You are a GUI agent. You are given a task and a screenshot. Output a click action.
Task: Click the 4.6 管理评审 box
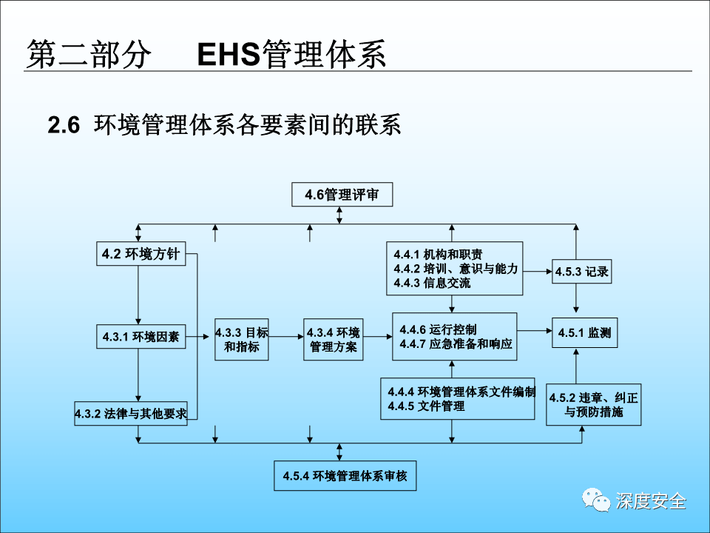341,195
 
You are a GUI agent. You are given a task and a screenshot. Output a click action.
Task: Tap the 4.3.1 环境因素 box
141,337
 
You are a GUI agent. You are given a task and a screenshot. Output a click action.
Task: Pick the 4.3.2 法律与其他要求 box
131,413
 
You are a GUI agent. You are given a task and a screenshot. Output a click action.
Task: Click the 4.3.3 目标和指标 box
242,339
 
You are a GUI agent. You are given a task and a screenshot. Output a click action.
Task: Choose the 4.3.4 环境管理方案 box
333,339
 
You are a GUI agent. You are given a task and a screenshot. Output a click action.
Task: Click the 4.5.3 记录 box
582,272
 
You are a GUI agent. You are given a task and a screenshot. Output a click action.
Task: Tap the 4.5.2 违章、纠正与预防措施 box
593,404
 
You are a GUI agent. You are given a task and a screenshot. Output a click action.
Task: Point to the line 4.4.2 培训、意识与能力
456,268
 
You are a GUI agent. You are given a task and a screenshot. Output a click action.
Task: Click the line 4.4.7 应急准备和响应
456,344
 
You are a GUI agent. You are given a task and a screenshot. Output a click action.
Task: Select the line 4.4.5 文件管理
426,406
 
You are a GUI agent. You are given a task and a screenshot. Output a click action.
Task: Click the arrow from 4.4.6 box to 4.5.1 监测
534,330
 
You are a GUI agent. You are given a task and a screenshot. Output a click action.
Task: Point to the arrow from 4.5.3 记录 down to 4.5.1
576,299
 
